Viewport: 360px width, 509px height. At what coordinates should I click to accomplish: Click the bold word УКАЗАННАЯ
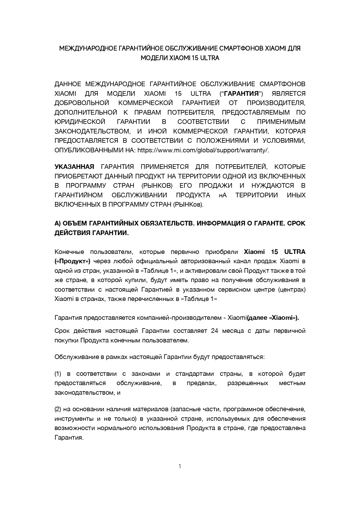(74, 167)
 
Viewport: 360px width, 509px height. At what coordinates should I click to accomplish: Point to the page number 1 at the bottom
(180, 466)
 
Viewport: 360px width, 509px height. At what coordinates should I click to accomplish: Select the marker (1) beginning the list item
(58, 374)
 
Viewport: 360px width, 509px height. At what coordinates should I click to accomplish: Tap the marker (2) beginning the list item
(58, 409)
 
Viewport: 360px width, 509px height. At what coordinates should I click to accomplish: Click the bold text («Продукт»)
(72, 261)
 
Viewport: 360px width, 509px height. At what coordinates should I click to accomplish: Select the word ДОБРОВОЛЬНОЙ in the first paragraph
(82, 103)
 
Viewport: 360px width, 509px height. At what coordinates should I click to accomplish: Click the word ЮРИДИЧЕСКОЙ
(79, 122)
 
